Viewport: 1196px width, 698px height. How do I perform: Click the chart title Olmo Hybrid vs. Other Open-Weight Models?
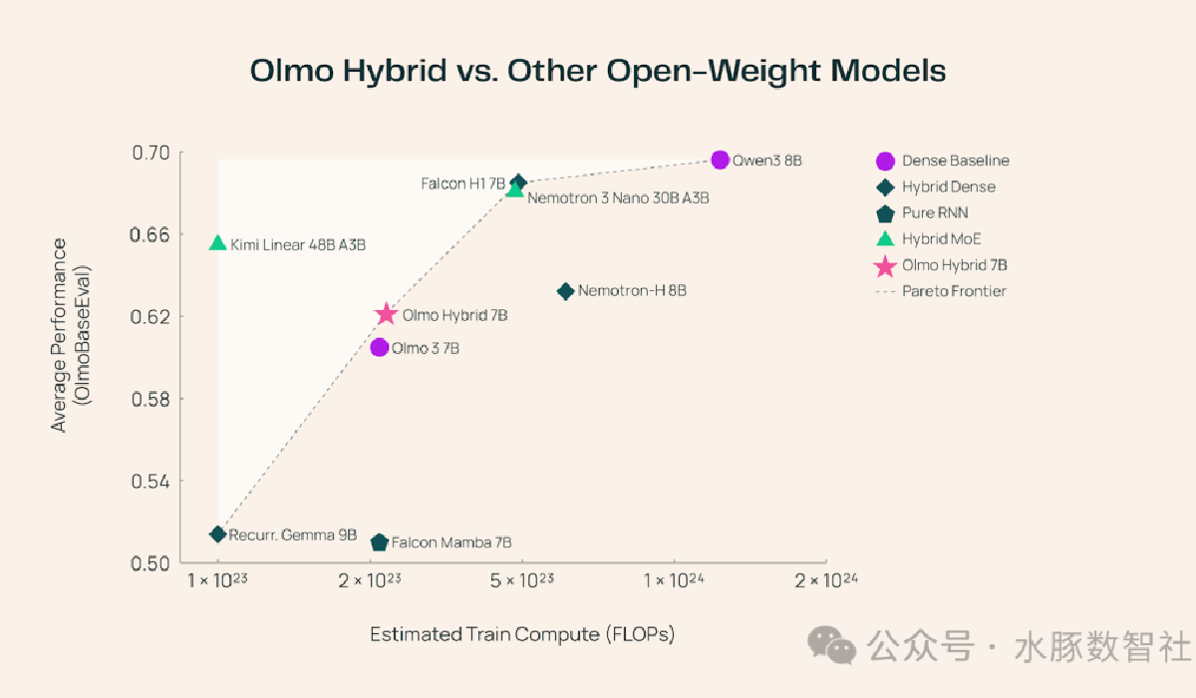pyautogui.click(x=598, y=72)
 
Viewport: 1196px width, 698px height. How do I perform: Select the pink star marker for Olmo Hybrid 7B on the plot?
pyautogui.click(x=387, y=315)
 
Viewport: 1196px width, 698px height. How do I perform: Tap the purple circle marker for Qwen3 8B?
pyautogui.click(x=721, y=160)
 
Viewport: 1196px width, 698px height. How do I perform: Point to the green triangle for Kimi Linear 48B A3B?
pyautogui.click(x=218, y=243)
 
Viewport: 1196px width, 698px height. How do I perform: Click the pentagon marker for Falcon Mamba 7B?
pyautogui.click(x=379, y=542)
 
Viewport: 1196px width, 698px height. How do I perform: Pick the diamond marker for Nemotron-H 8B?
pyautogui.click(x=565, y=291)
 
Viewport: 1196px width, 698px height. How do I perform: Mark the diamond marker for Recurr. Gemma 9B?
pyautogui.click(x=217, y=534)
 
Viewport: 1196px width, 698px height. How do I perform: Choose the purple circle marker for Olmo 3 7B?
pyautogui.click(x=379, y=347)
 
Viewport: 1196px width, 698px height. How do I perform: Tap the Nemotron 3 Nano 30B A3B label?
pyautogui.click(x=618, y=198)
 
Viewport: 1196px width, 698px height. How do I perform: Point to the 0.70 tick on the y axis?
pyautogui.click(x=152, y=153)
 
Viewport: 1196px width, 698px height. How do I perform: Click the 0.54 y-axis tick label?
pyautogui.click(x=152, y=482)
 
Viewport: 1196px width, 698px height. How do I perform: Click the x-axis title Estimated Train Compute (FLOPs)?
pyautogui.click(x=522, y=634)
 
